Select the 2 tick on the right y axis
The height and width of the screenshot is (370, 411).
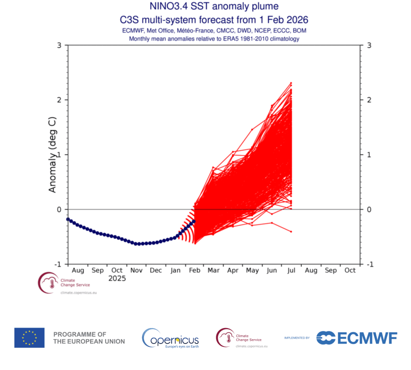coord(369,100)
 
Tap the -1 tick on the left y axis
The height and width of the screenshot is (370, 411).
coord(57,264)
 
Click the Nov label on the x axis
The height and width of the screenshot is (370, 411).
coord(136,270)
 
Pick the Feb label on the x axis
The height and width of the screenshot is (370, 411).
coord(194,270)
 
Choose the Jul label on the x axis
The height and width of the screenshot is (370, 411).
coord(292,270)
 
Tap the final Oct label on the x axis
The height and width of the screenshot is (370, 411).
coord(350,270)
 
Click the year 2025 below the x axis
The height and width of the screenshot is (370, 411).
coord(117,278)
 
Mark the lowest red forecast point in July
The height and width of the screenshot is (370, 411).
coord(291,232)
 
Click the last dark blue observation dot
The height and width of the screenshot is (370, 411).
coord(194,222)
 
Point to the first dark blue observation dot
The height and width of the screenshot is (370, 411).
coord(68,219)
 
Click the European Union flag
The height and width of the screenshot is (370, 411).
coord(29,338)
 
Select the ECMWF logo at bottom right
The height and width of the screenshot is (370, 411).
coord(357,338)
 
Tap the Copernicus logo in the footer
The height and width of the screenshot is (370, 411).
coord(171,338)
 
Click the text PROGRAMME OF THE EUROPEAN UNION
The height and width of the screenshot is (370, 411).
coord(89,338)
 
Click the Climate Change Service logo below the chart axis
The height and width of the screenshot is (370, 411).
coord(64,283)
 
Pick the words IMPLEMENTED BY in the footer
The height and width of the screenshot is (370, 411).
coord(297,338)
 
